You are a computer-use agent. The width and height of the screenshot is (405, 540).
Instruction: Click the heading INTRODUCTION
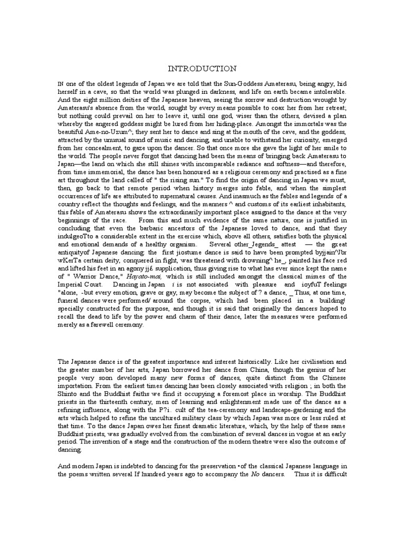(202, 69)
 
